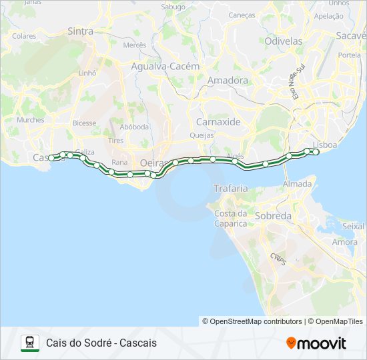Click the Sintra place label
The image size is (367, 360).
pyautogui.click(x=81, y=31)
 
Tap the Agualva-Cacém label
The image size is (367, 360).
pyautogui.click(x=165, y=67)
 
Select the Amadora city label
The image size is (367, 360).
pyautogui.click(x=210, y=81)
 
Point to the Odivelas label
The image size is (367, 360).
pyautogui.click(x=284, y=41)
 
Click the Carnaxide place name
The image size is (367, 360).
pyautogui.click(x=218, y=122)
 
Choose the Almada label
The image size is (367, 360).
pyautogui.click(x=297, y=184)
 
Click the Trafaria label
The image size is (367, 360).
pyautogui.click(x=230, y=189)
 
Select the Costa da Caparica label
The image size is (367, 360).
pyautogui.click(x=231, y=218)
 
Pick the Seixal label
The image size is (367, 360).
pyautogui.click(x=352, y=227)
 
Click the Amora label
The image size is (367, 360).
pyautogui.click(x=345, y=242)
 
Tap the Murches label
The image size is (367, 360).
pyautogui.click(x=31, y=120)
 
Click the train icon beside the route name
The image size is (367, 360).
pyautogui.click(x=29, y=343)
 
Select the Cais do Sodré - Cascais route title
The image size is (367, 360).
pyautogui.click(x=101, y=343)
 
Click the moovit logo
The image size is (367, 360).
pyautogui.click(x=316, y=343)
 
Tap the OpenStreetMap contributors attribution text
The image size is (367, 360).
pyautogui.click(x=252, y=321)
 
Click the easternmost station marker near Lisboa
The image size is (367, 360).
pyautogui.click(x=316, y=152)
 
